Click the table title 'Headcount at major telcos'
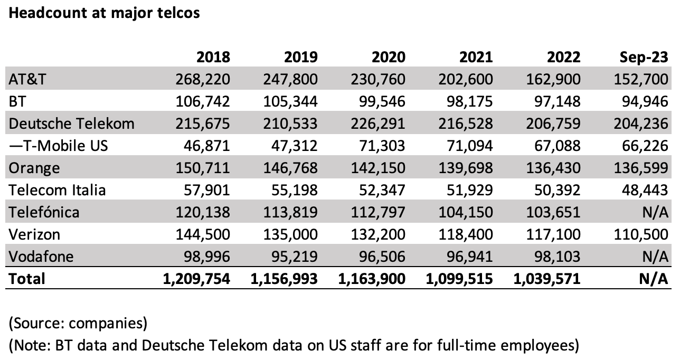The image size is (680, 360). coord(103,13)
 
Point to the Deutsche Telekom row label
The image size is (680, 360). coord(72,124)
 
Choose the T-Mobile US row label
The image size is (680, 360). coord(59,146)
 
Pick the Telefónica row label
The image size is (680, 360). coord(44,212)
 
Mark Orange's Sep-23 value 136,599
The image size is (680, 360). coord(642,168)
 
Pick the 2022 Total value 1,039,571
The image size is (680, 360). coord(546,278)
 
